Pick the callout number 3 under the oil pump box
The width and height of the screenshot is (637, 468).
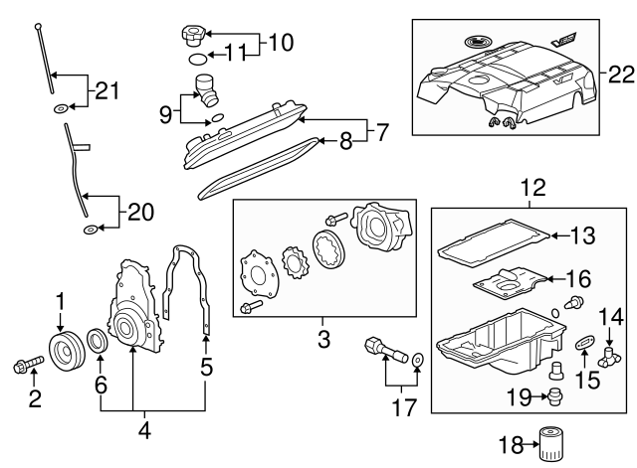(323, 339)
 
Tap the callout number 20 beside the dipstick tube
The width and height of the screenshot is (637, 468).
(141, 211)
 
